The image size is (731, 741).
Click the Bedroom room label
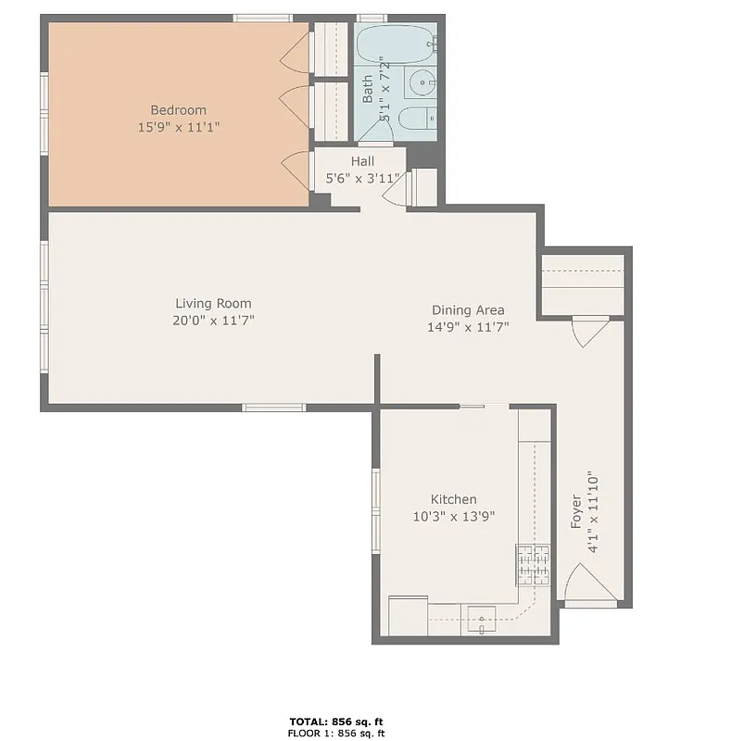178,110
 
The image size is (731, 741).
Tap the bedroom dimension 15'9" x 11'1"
178,127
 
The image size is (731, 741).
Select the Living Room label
213,303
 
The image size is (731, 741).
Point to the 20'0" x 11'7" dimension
213,320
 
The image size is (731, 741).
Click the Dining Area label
468,309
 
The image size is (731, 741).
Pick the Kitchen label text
453,499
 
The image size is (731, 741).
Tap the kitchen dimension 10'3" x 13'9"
453,516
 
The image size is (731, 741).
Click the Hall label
362,161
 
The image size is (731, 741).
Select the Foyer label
576,512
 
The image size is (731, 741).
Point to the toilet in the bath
416,118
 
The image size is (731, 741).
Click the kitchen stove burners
533,565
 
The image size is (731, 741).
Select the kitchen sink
482,618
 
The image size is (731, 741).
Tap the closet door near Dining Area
589,330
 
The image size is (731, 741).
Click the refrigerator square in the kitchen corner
408,616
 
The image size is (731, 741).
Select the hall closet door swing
396,191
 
